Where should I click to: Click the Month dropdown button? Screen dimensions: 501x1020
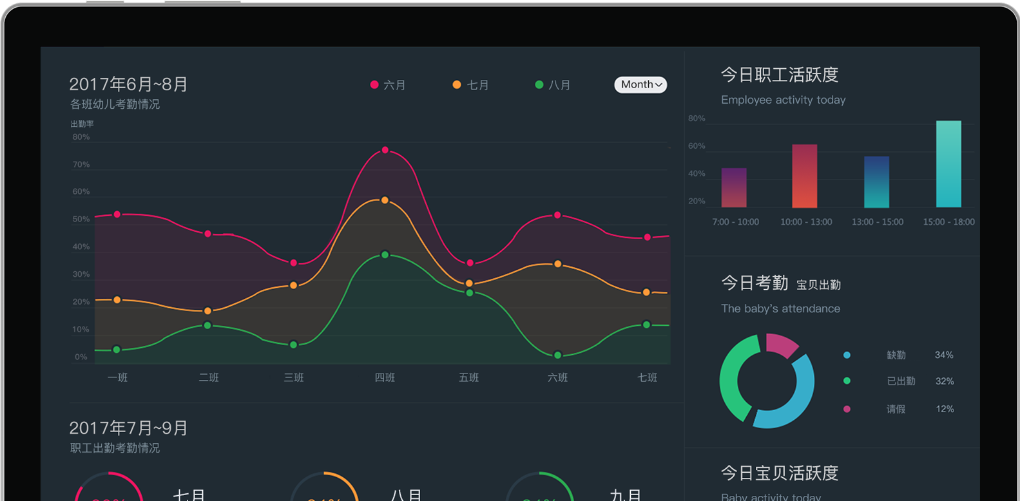coord(640,84)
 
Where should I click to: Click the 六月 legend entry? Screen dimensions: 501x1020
coord(388,85)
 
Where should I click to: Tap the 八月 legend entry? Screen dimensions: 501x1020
coord(553,85)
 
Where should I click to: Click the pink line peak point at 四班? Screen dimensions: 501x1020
coord(385,150)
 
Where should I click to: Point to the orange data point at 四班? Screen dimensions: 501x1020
coord(385,200)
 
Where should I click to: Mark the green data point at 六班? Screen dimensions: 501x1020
coord(558,355)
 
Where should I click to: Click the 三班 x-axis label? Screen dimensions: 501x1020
coord(294,377)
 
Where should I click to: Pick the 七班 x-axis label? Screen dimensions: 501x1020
coord(647,377)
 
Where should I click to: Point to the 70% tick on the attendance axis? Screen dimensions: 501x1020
coord(81,165)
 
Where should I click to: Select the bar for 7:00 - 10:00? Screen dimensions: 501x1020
coord(734,188)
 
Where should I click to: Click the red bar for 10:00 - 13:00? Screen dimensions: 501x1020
coord(805,176)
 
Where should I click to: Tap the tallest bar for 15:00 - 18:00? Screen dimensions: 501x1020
coord(948,164)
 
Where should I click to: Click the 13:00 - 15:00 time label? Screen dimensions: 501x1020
coord(878,222)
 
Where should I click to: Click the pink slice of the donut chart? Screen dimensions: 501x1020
coord(781,344)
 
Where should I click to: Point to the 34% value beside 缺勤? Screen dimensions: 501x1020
coord(944,355)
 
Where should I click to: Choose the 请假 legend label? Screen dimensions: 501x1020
coord(896,409)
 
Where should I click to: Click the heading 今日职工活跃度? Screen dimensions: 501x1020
coord(780,75)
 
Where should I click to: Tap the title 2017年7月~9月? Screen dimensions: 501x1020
coord(128,428)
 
